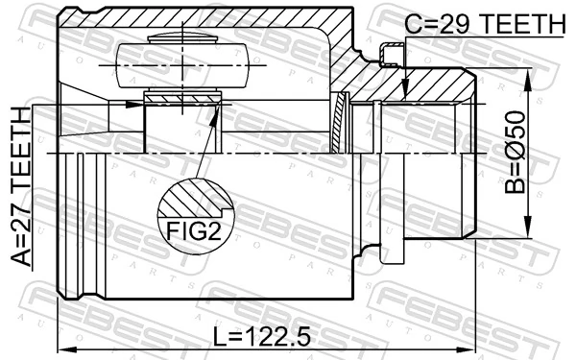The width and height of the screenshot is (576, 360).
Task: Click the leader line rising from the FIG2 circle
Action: click(204, 154)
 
